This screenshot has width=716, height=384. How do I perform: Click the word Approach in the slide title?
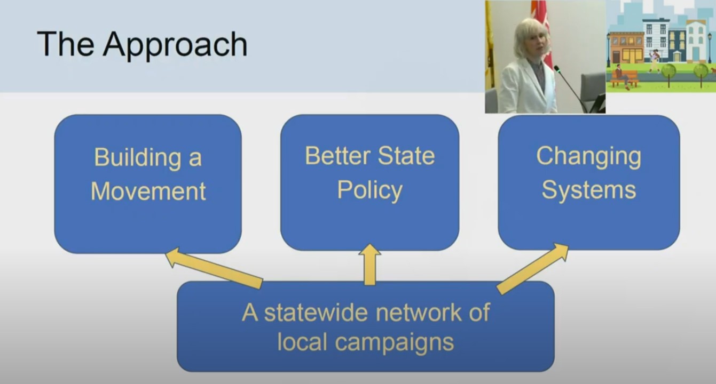click(175, 45)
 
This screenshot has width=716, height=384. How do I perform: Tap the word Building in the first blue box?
click(137, 158)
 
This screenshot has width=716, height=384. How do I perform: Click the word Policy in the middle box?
click(370, 191)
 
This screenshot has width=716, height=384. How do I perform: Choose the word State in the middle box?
click(406, 156)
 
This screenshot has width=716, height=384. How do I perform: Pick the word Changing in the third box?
click(589, 157)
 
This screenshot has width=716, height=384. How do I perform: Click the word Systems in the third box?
click(589, 190)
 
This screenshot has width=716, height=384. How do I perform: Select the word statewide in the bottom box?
click(316, 313)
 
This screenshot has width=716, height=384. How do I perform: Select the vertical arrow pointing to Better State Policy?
click(370, 265)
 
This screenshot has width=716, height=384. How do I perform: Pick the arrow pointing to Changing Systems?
click(533, 269)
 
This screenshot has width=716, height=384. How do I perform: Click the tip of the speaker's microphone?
click(556, 68)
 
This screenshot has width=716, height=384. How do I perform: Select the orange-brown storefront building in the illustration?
click(626, 47)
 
